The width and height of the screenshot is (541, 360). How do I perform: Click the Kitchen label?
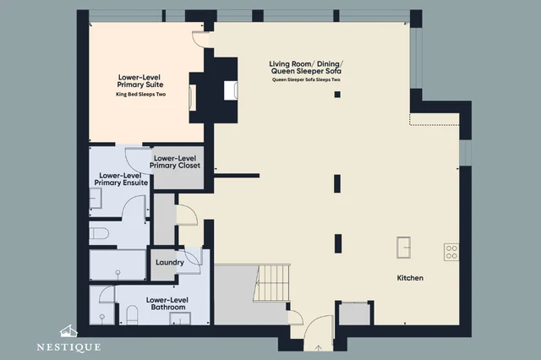tap(410, 278)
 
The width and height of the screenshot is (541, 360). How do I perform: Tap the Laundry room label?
tap(169, 263)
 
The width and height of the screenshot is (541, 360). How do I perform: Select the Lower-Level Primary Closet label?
tap(175, 162)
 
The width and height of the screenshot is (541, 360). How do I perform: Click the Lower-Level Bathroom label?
tap(167, 303)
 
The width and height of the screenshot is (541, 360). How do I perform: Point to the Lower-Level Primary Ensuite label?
tap(121, 179)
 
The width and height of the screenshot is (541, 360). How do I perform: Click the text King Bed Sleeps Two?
tap(141, 95)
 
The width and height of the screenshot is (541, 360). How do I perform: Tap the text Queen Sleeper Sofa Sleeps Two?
tap(306, 79)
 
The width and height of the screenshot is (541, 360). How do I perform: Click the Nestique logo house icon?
tap(68, 331)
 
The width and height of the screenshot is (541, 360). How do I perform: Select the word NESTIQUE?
tap(68, 346)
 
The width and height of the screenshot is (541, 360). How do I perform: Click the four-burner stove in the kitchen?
tap(451, 252)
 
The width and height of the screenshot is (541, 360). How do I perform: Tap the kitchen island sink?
tap(403, 248)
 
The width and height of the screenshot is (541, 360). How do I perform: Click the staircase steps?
tap(271, 283)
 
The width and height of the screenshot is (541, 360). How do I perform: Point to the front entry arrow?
tap(319, 348)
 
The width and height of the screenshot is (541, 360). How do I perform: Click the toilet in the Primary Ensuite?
tap(99, 233)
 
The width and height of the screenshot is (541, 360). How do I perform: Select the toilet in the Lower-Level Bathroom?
tap(132, 315)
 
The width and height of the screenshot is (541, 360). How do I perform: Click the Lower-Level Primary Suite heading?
tap(139, 81)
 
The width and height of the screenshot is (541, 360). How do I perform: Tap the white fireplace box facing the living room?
tap(231, 90)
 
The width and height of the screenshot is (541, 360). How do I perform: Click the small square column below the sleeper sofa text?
tap(337, 95)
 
